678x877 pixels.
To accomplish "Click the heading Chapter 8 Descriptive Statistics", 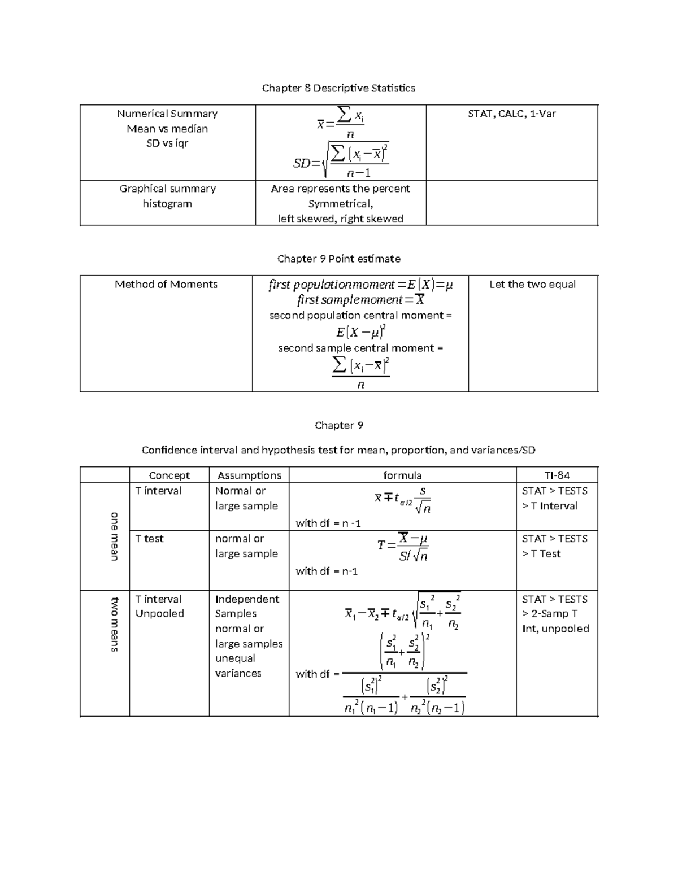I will click(x=338, y=88).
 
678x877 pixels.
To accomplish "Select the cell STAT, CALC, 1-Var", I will click(x=511, y=114).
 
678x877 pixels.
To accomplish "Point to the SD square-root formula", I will click(x=341, y=158).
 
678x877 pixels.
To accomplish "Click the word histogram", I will click(x=167, y=204).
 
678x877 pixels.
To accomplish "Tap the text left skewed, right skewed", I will click(x=340, y=219).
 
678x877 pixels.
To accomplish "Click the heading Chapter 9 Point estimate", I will click(x=338, y=259).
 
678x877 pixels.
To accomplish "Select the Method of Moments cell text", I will click(x=166, y=285).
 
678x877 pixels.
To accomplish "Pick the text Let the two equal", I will click(x=532, y=285).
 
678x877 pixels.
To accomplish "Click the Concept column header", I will click(x=169, y=475).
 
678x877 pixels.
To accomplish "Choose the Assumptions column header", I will click(x=249, y=475).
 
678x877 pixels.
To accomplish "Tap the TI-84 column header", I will click(x=557, y=475).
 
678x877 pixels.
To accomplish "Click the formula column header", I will click(x=402, y=475).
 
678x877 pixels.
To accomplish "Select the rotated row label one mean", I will click(x=114, y=536).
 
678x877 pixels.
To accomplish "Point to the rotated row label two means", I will click(x=114, y=624).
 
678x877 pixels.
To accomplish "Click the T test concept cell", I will click(x=150, y=539).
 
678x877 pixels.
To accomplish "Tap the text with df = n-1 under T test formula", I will click(x=327, y=571).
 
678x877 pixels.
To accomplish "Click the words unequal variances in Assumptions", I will click(x=237, y=666).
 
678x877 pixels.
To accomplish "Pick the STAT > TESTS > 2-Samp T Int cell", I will click(x=555, y=614).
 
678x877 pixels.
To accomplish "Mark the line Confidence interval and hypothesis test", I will click(x=338, y=450).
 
